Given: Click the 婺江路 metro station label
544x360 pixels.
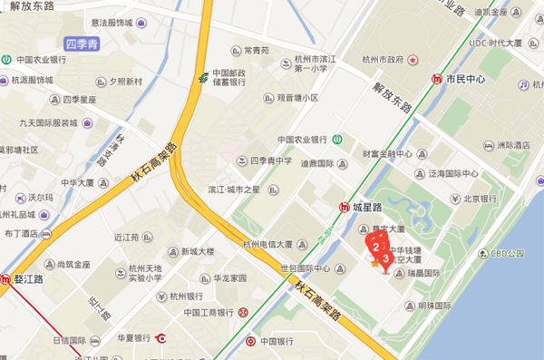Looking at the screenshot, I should [29, 280].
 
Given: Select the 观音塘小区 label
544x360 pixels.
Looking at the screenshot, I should [297, 97].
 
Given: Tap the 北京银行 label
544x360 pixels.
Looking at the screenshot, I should [480, 199].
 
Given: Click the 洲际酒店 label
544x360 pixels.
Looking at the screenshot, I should [513, 145].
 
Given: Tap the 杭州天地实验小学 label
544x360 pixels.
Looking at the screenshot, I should [145, 273].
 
